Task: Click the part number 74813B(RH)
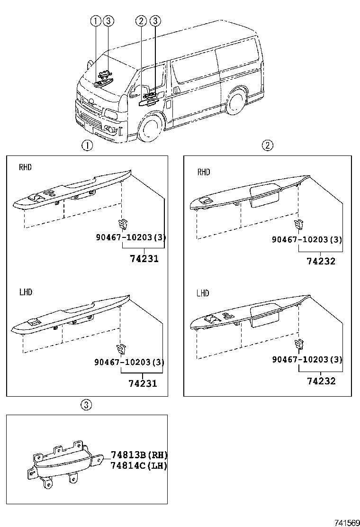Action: [139, 455]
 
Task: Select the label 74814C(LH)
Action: [139, 465]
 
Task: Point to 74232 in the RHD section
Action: [321, 261]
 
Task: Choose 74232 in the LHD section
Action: [321, 381]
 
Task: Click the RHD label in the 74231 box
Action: [25, 167]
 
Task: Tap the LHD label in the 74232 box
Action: [203, 293]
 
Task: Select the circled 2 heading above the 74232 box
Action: [268, 145]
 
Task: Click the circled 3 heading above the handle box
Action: [86, 405]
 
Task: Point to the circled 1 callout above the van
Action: [96, 20]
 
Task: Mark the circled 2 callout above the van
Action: [140, 20]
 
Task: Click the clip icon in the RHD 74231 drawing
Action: [122, 222]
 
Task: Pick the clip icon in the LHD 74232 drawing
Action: [299, 344]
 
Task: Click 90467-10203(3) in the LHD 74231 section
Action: [129, 363]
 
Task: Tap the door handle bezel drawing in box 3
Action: [66, 462]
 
